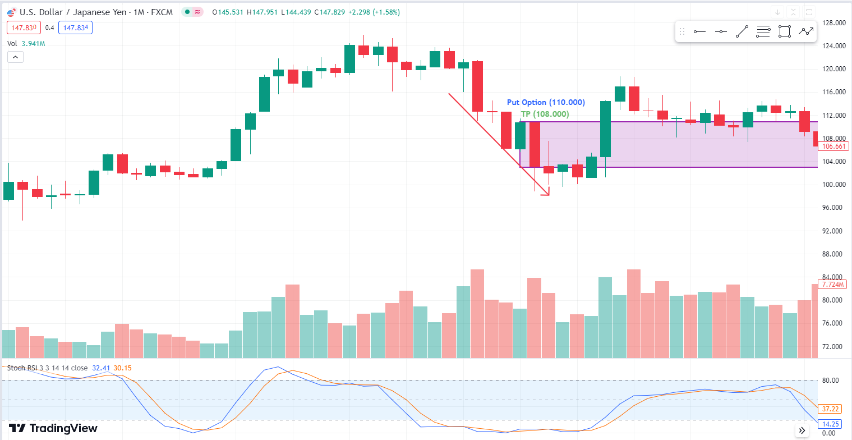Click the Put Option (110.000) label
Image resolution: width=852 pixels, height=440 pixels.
coord(546,103)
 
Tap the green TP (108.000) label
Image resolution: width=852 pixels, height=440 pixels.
coord(545,114)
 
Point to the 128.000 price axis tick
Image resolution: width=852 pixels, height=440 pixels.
coord(833,23)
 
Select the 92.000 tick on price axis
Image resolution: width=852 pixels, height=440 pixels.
coord(833,231)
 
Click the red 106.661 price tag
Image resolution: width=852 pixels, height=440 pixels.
coord(833,146)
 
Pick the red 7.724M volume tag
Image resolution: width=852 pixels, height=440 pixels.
coord(833,285)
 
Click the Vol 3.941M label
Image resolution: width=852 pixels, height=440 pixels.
coord(26,43)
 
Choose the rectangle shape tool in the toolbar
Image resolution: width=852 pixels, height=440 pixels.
coord(784,32)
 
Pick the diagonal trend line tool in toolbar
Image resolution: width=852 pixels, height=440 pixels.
coord(742,32)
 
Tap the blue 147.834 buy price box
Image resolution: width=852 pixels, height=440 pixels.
coord(77,27)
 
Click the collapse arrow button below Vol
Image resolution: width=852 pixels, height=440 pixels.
coord(15,57)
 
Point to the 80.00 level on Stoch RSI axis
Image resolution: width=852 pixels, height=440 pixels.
coord(830,380)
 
